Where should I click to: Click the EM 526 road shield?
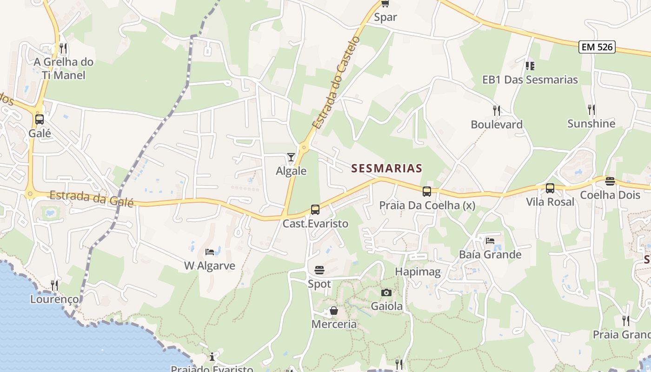coord(597,46)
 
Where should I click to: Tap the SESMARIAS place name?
coord(386,168)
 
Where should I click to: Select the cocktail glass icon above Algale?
coord(291,157)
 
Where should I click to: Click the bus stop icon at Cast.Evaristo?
coord(315,210)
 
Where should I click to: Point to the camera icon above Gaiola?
coord(386,292)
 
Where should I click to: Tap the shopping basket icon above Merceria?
coord(334,311)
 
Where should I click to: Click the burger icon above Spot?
coord(319,270)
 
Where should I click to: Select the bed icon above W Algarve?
coord(210,252)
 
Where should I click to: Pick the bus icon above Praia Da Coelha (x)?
coord(427,191)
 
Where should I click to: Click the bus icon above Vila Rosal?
coord(550,188)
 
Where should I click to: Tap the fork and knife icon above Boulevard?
coord(497,111)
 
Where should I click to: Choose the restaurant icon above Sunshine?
coord(591,110)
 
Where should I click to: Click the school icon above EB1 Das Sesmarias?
coord(530,66)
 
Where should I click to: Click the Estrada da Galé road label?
coord(92,199)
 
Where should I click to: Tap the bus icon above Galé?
coord(40,120)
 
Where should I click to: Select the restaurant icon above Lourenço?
coord(55,285)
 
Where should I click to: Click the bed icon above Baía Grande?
coord(490,241)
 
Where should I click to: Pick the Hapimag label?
coord(418,272)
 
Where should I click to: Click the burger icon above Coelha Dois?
coord(610,181)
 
